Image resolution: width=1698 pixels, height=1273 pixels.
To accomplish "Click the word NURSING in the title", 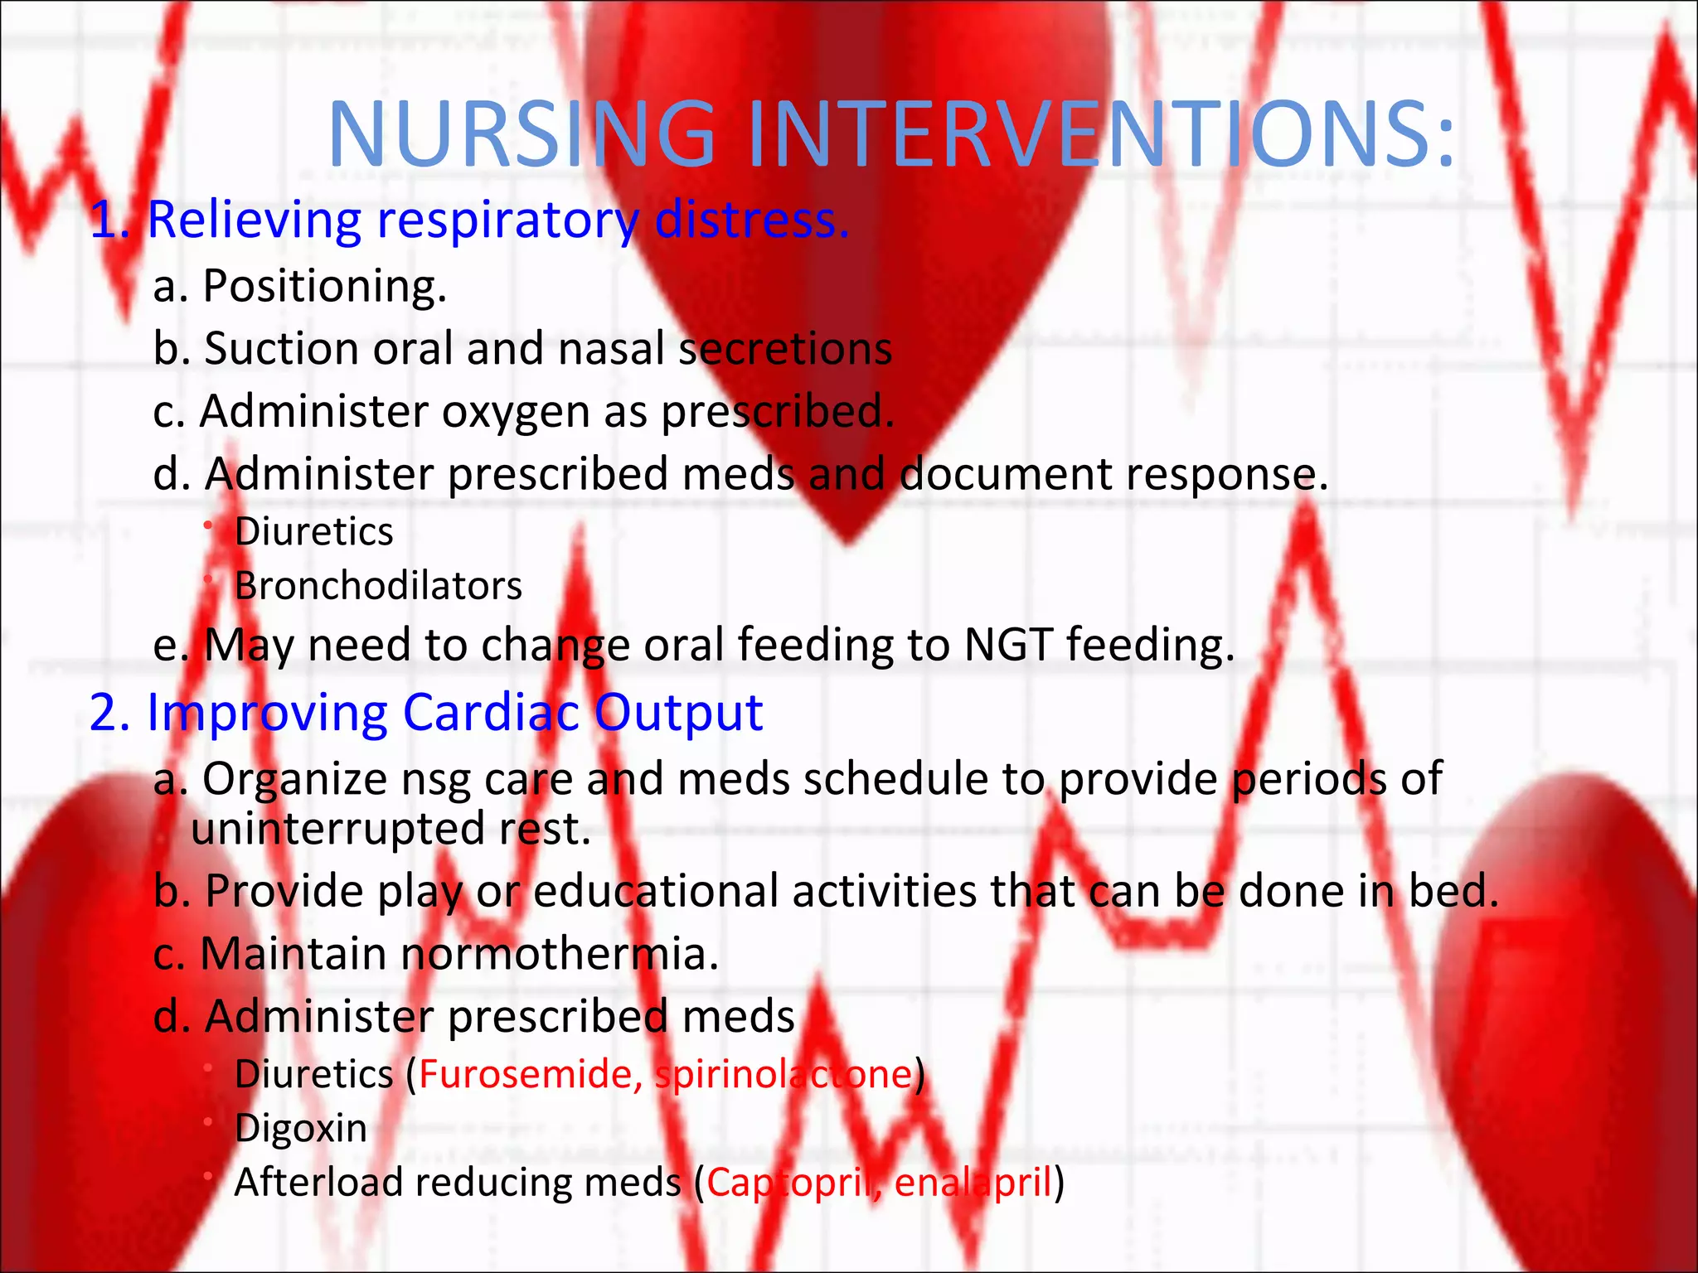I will click(x=522, y=134).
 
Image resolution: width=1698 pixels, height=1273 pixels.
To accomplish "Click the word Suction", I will click(x=282, y=349).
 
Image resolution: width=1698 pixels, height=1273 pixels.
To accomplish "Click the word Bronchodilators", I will click(x=378, y=587).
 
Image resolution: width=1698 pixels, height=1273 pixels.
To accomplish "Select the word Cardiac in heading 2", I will click(x=491, y=713).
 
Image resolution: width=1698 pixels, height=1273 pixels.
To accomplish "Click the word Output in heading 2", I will click(x=678, y=713).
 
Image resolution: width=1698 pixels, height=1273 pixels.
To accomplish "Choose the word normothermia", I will click(x=560, y=955).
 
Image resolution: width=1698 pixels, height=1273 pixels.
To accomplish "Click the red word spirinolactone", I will click(x=784, y=1075).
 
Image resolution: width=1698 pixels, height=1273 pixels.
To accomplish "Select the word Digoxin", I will click(x=301, y=1129).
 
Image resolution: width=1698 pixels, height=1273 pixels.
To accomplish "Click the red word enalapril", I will click(x=973, y=1183).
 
